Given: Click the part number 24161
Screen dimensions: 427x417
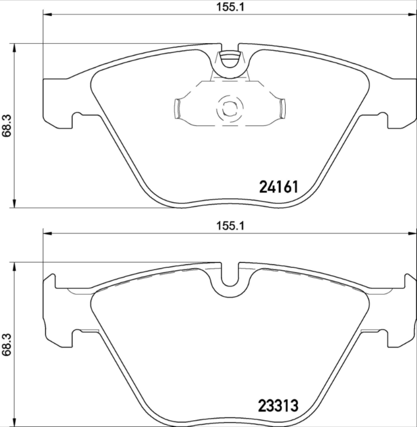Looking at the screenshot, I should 278,187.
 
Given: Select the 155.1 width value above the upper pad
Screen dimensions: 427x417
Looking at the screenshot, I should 230,7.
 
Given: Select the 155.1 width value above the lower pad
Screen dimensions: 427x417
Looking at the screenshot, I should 230,225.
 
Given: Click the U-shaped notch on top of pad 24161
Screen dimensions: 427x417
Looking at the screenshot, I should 229,59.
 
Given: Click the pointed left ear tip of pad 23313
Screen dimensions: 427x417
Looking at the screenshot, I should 52,276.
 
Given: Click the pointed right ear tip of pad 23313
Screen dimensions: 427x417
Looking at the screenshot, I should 407,276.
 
